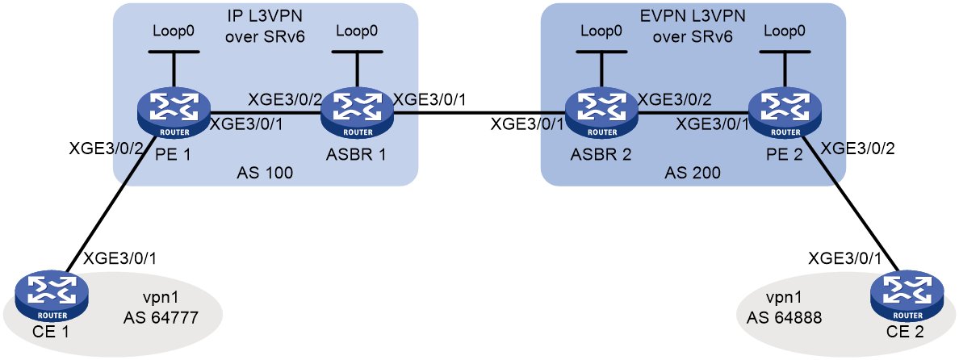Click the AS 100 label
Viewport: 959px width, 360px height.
[x=265, y=173]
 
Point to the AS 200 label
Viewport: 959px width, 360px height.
[x=692, y=173]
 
